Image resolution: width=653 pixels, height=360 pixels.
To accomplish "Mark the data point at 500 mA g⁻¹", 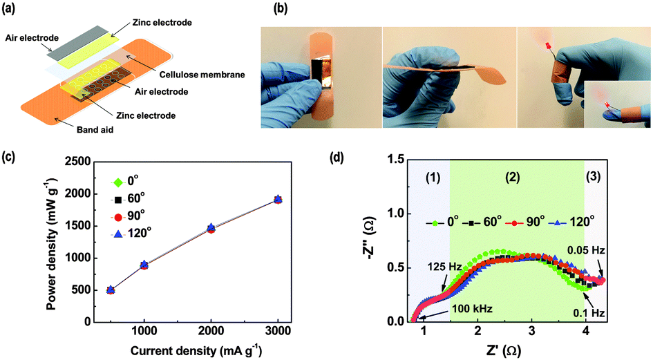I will [111, 290].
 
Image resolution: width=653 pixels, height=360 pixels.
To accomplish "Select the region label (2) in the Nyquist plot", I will [512, 177].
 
